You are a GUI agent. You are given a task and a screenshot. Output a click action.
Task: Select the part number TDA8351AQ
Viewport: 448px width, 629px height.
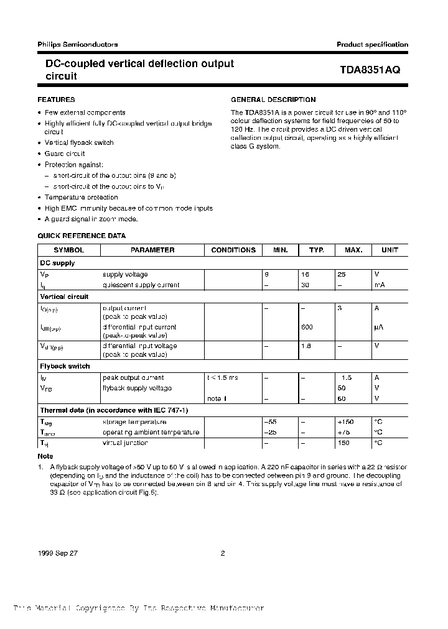[x=370, y=70]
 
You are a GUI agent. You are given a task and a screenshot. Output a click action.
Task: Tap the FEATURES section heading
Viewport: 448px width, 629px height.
[x=57, y=99]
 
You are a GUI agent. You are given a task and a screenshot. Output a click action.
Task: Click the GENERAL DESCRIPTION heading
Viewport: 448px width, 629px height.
[x=273, y=99]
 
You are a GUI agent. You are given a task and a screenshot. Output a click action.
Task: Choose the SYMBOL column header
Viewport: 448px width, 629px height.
[x=68, y=250]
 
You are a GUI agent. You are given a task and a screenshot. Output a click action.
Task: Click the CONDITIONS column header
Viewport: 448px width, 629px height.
[x=233, y=250]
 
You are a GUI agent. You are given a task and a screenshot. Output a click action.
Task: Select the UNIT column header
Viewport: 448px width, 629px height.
[x=390, y=250]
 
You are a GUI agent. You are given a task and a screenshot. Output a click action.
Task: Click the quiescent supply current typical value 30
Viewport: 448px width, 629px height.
[x=306, y=285]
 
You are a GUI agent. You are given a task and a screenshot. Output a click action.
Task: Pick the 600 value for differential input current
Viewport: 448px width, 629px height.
[x=306, y=327]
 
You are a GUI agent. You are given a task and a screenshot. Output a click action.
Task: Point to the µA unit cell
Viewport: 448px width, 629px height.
[x=378, y=327]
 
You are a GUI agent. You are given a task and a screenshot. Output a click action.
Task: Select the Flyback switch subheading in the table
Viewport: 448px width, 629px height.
[x=65, y=366]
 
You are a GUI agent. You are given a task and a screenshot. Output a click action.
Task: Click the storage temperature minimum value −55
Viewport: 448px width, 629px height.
[x=271, y=421]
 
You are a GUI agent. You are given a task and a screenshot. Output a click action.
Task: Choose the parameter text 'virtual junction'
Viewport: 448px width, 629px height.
[x=125, y=443]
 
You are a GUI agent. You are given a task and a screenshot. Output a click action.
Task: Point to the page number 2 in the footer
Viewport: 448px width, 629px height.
[x=222, y=535]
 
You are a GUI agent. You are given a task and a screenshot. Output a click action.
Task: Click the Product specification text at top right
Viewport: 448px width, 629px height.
[x=372, y=44]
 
